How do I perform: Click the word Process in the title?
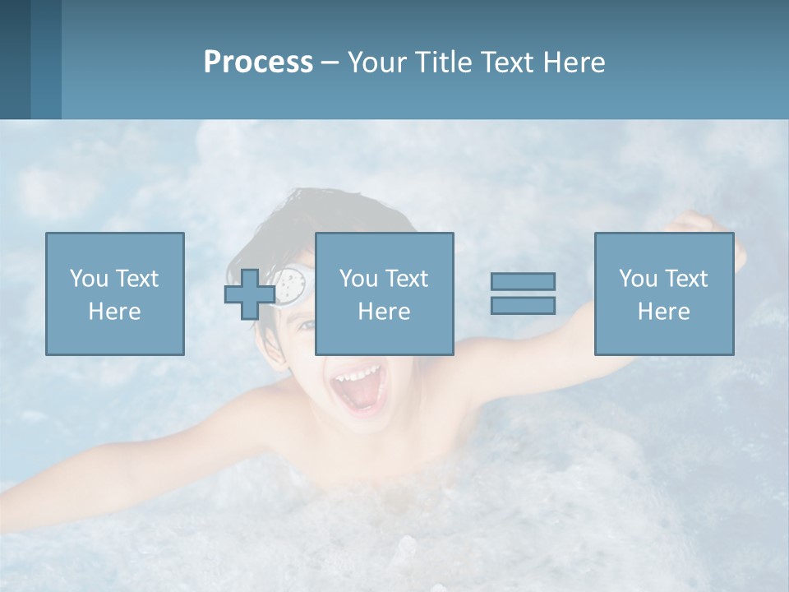pos(258,62)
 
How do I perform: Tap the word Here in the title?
pos(572,62)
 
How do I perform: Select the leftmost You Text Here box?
pos(114,294)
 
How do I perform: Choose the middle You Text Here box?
pos(384,294)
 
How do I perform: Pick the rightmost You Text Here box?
pos(663,294)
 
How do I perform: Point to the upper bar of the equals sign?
pos(523,281)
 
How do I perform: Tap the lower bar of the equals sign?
pos(523,305)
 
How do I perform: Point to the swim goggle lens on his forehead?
pos(291,285)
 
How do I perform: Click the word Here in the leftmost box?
pos(114,312)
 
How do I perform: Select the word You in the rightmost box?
pos(638,279)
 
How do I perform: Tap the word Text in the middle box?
pos(408,279)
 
